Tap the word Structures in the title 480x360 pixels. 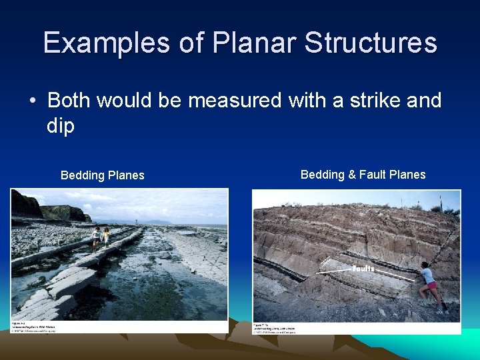point(371,43)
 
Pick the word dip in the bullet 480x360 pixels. point(61,126)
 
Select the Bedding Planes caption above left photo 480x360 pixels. point(102,175)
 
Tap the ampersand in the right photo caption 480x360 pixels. point(351,175)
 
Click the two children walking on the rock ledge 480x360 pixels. point(101,237)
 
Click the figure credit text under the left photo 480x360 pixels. point(33,326)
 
